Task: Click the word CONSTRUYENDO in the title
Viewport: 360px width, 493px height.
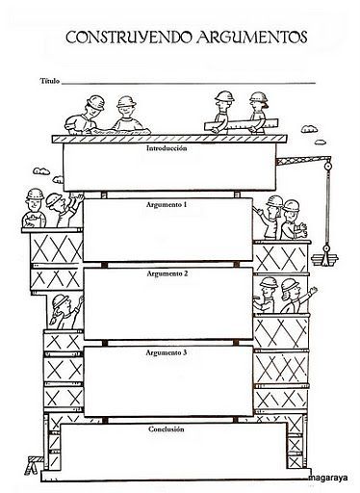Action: coord(120,37)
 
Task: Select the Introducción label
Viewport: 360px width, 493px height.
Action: coord(166,149)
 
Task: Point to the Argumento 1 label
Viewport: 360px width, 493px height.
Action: coord(167,206)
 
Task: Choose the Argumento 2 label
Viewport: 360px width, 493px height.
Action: coord(167,273)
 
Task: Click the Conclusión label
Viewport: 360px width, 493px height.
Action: coord(167,428)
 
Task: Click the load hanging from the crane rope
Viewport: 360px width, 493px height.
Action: coord(326,258)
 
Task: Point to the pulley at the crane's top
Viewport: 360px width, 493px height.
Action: coord(325,168)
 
